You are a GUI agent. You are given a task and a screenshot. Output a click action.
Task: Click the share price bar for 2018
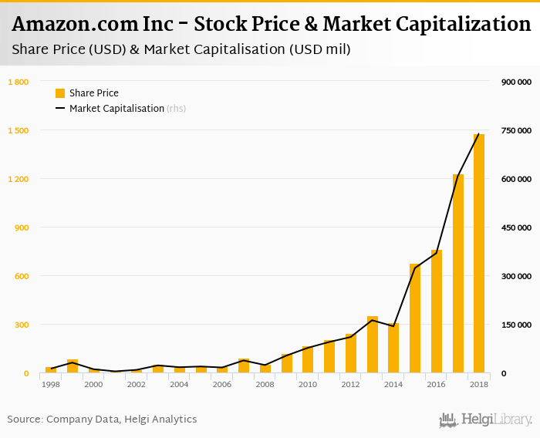[x=479, y=254]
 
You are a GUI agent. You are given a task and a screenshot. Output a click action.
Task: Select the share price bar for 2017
[x=458, y=274]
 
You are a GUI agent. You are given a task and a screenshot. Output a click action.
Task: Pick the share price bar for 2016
[x=437, y=312]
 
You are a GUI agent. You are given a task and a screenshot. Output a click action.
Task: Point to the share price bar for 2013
[x=373, y=345]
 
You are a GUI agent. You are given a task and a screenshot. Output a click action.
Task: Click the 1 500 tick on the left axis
[x=19, y=130]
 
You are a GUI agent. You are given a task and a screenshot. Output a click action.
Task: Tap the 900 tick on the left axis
[x=21, y=227]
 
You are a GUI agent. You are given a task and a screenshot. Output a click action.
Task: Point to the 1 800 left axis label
[x=19, y=82]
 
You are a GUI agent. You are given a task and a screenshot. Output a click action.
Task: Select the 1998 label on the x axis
[x=51, y=384]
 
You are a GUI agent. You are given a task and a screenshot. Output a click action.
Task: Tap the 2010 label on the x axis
[x=308, y=384]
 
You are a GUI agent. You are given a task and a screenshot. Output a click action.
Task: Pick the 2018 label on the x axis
[x=479, y=384]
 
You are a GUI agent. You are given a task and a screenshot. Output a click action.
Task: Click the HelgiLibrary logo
[x=485, y=419]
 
